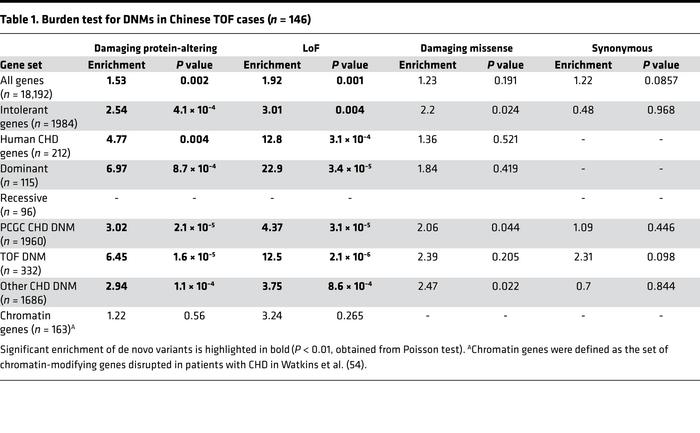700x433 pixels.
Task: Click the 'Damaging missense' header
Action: [x=468, y=48]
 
